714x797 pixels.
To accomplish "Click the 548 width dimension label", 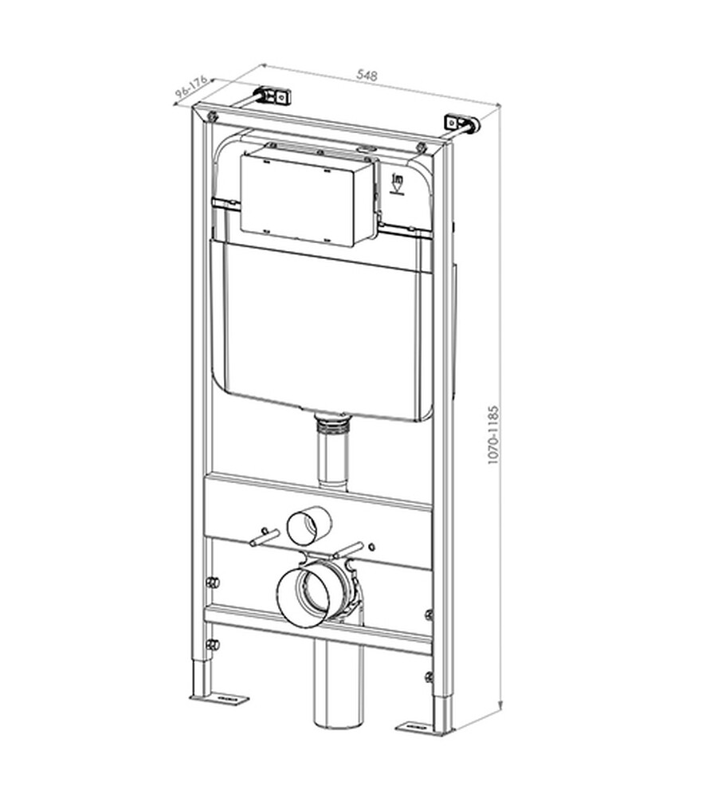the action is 367,75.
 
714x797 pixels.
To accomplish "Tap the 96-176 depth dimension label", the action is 191,87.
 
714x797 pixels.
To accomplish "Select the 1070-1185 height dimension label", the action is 493,435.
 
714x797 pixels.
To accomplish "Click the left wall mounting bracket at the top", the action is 275,96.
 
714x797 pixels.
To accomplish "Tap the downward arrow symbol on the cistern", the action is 398,185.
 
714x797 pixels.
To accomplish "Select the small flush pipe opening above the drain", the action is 309,525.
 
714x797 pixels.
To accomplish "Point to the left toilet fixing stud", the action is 265,537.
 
